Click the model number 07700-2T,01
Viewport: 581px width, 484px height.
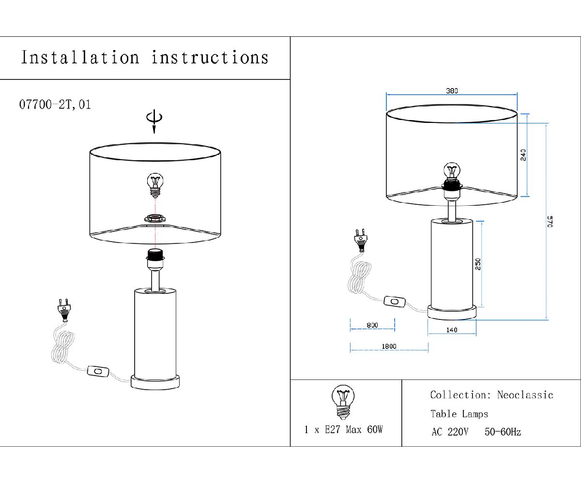coord(55,105)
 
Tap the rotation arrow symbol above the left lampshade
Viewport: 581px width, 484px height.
coord(154,120)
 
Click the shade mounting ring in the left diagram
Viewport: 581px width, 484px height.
coord(155,219)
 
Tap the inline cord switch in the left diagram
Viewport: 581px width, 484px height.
coord(98,372)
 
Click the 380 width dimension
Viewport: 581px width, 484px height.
coord(451,91)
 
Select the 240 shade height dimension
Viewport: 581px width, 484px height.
coord(523,155)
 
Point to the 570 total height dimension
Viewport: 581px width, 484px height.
coord(550,222)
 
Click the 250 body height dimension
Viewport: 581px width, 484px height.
coord(478,264)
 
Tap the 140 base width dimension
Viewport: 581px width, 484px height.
coord(451,330)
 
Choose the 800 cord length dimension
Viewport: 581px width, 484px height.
coord(372,325)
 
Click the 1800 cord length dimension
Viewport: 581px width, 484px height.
coord(389,346)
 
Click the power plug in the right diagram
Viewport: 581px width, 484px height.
coord(361,238)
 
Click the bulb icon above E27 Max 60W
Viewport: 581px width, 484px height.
coord(343,402)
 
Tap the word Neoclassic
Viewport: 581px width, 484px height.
coord(525,395)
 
